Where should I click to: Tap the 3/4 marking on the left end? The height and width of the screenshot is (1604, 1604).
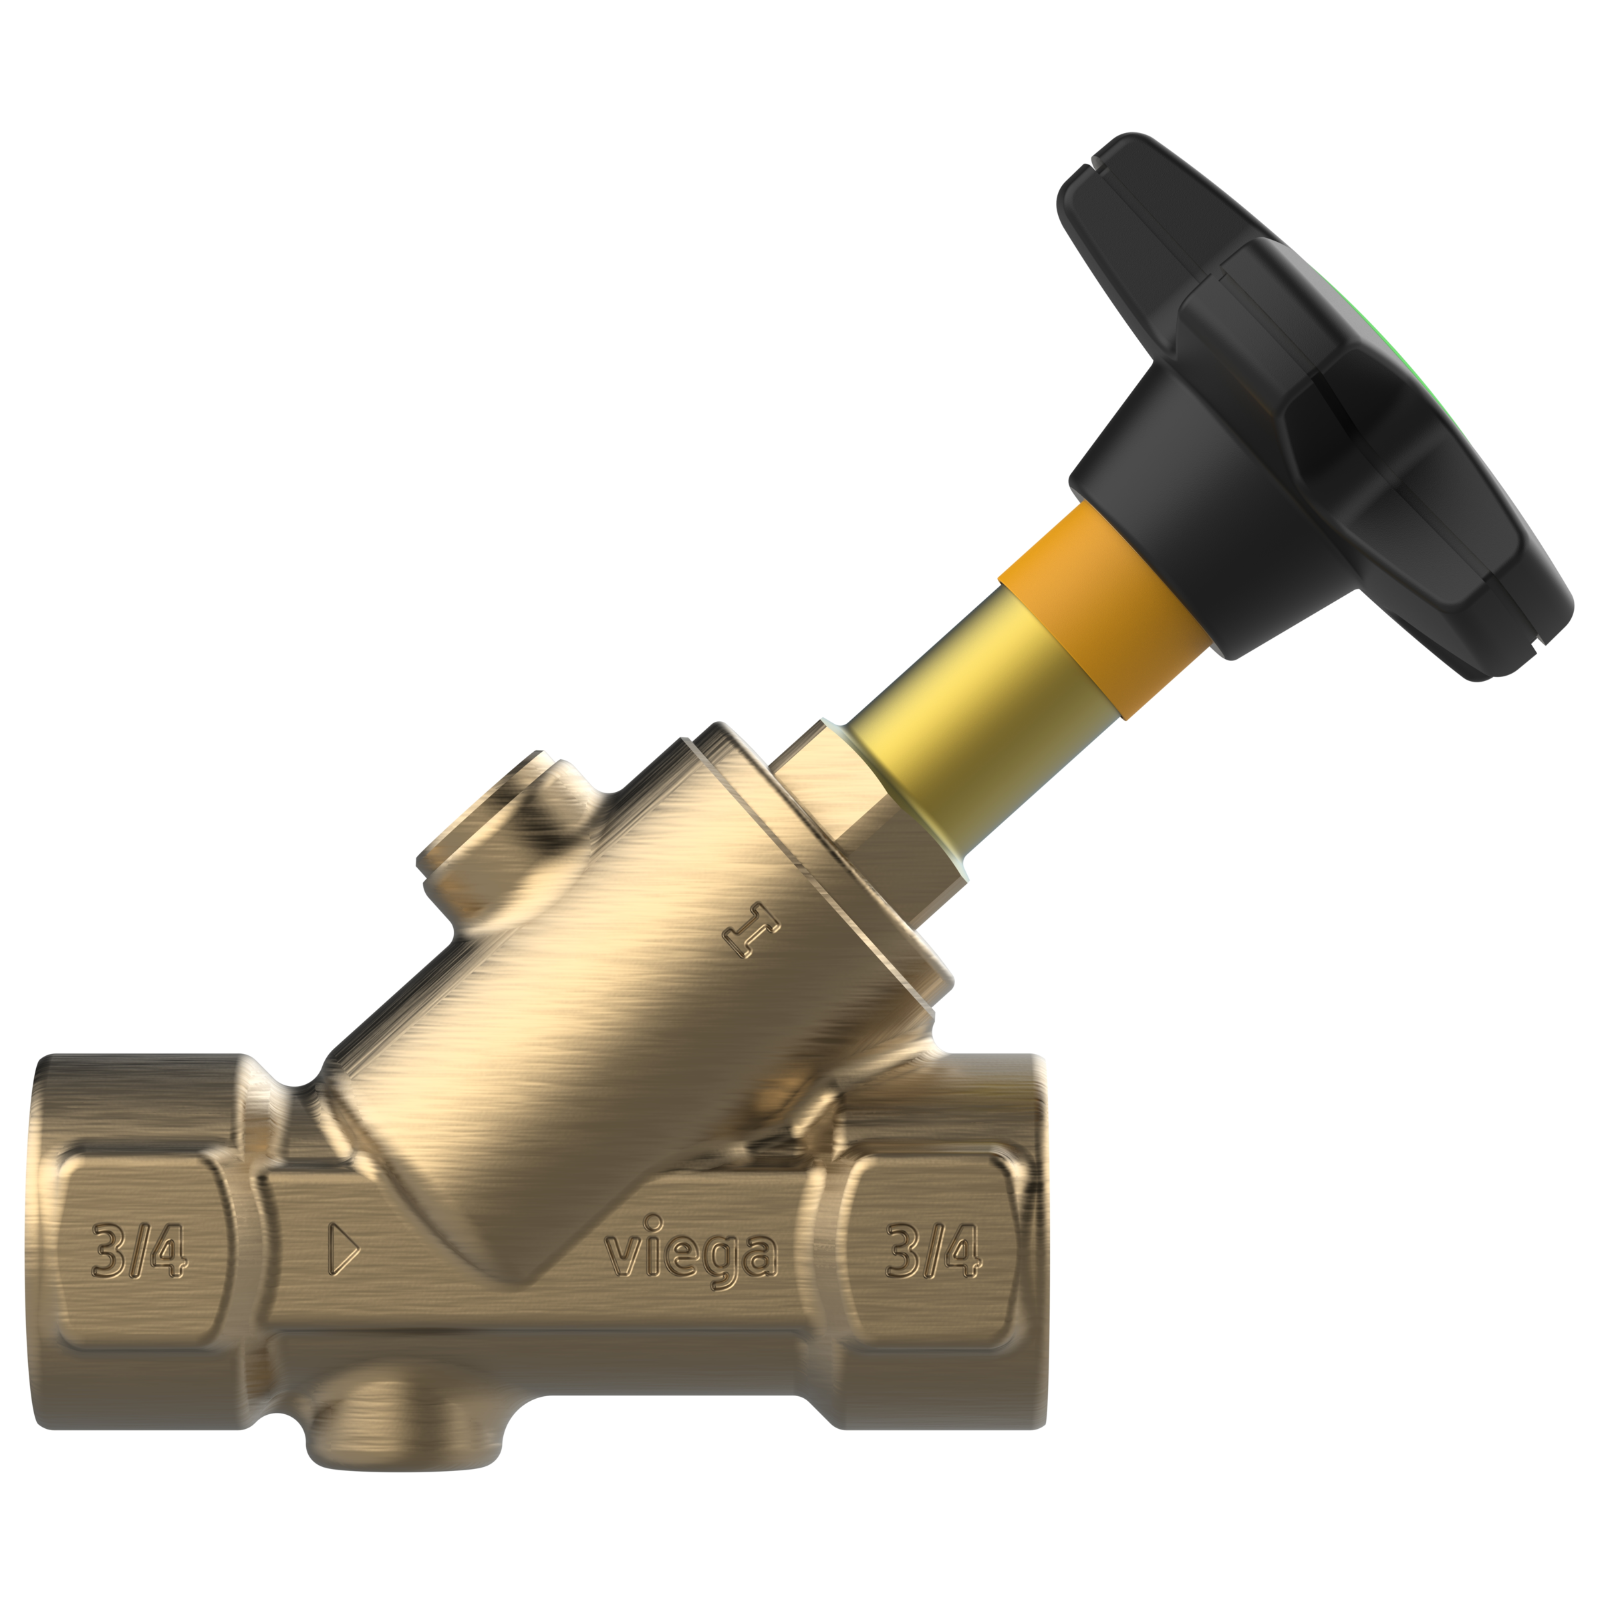(138, 1250)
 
